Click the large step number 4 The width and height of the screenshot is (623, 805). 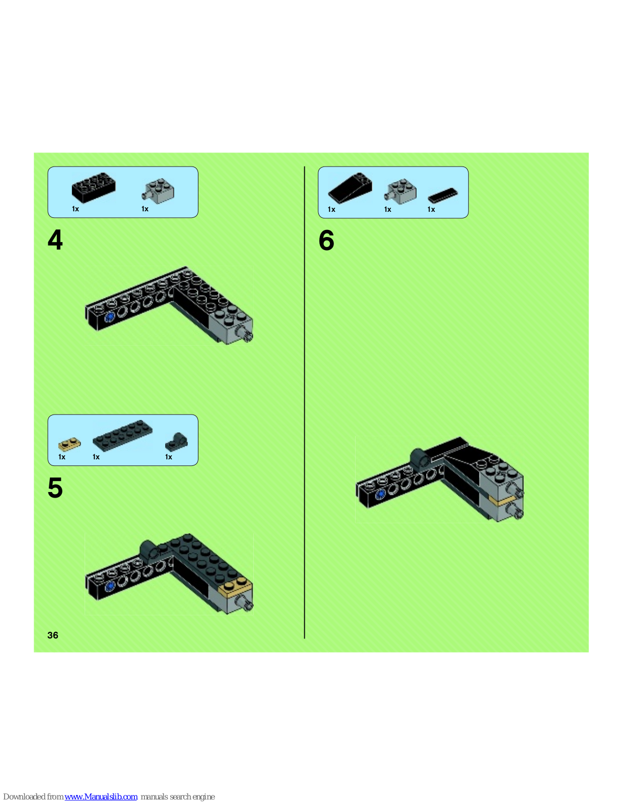pyautogui.click(x=55, y=239)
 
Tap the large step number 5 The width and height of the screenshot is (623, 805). pyautogui.click(x=55, y=488)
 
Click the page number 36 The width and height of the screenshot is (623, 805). pyautogui.click(x=53, y=635)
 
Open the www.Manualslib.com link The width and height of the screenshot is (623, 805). pyautogui.click(x=101, y=796)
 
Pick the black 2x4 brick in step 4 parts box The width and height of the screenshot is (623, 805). pyautogui.click(x=94, y=187)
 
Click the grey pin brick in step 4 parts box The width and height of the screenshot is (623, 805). pyautogui.click(x=158, y=191)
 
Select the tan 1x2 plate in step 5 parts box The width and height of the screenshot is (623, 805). pyautogui.click(x=70, y=444)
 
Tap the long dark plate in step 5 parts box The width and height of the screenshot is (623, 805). pyautogui.click(x=122, y=435)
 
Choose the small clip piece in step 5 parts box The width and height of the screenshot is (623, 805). pyautogui.click(x=176, y=442)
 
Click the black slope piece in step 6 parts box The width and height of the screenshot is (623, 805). pyautogui.click(x=350, y=188)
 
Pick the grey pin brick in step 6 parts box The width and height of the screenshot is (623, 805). pyautogui.click(x=400, y=192)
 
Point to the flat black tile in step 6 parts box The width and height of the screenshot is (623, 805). pyautogui.click(x=443, y=195)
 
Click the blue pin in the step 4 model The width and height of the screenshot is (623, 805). pyautogui.click(x=109, y=317)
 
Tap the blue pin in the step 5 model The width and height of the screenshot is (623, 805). pyautogui.click(x=109, y=587)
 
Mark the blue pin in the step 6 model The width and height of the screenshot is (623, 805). pyautogui.click(x=380, y=494)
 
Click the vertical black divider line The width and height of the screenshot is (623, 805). pyautogui.click(x=305, y=403)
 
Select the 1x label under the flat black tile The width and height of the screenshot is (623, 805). pyautogui.click(x=431, y=210)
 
